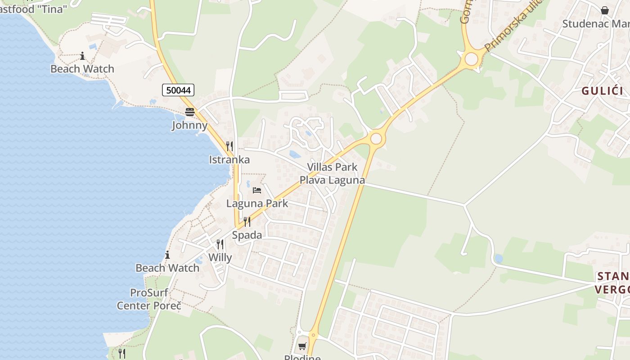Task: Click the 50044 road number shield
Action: click(x=179, y=90)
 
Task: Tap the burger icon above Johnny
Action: click(x=190, y=112)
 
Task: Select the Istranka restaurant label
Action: click(x=229, y=160)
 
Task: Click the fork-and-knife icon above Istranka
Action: click(x=229, y=146)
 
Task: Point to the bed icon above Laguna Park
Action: click(x=257, y=190)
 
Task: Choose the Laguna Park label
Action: click(x=257, y=203)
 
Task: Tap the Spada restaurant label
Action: click(x=247, y=235)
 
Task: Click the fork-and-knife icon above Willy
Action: click(x=220, y=244)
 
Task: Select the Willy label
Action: click(x=220, y=258)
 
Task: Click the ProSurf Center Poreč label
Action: click(x=149, y=299)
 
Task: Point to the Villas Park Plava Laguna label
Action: click(x=332, y=174)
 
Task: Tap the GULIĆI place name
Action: click(x=602, y=91)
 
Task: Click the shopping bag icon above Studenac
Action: click(x=605, y=10)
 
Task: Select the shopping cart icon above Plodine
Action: click(x=302, y=346)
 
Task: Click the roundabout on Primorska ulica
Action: click(x=471, y=59)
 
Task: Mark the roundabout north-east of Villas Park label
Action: click(x=376, y=139)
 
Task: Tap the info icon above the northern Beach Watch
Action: click(x=82, y=56)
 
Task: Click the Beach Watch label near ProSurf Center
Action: click(x=167, y=268)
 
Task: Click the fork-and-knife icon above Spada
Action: click(x=247, y=221)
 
